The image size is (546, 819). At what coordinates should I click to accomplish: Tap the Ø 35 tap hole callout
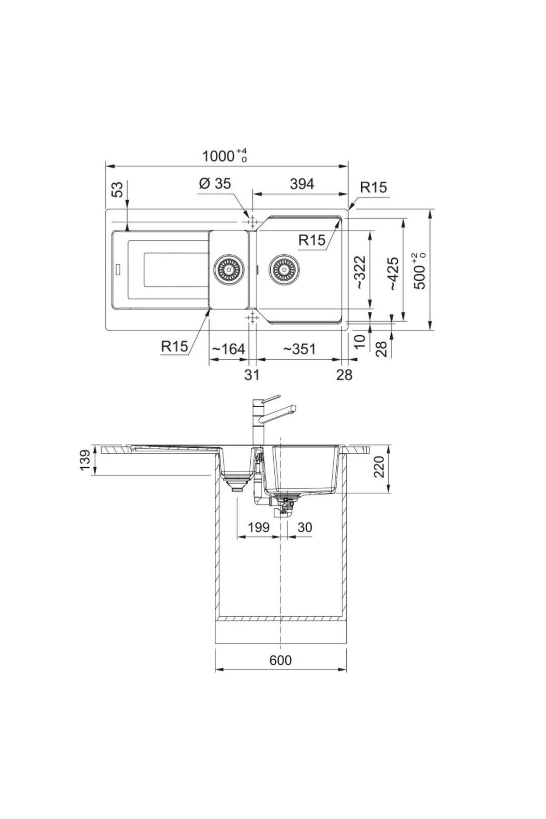point(215,183)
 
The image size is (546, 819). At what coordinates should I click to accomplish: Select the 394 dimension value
point(302,184)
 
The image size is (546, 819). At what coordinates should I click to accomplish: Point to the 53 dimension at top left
point(117,189)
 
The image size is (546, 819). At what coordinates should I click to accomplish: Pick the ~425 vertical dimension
point(393,274)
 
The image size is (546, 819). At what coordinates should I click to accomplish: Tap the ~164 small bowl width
point(228,349)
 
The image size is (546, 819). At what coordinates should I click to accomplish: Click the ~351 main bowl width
point(299,349)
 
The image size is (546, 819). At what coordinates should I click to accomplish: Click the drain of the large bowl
point(284,269)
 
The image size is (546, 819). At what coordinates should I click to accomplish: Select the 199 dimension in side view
point(258,527)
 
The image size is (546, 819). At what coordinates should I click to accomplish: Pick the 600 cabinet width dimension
point(280,660)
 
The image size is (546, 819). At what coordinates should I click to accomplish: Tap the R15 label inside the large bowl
point(312,240)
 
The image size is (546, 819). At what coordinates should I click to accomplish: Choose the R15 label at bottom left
point(174,347)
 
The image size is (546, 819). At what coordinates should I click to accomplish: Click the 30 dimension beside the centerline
point(304,527)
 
